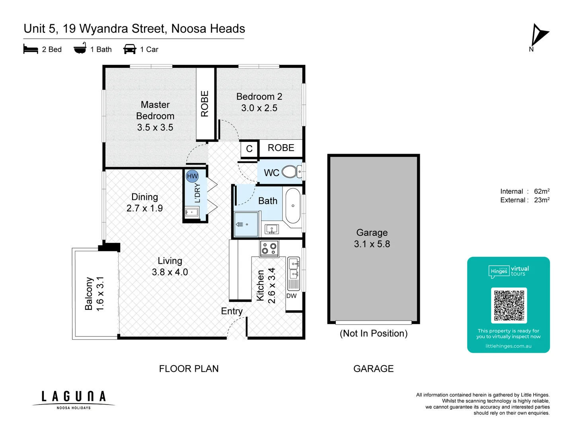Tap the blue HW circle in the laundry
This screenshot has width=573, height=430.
192,176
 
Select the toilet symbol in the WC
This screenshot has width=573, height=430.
290,172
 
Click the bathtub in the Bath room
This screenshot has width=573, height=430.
293,206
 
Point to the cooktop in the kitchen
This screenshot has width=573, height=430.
269,249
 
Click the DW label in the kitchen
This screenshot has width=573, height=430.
291,296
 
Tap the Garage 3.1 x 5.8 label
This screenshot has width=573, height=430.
372,238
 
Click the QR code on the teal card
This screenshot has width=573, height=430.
509,305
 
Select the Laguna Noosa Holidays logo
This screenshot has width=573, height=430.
74,399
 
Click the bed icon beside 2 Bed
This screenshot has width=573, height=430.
31,49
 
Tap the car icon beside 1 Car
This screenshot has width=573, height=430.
130,49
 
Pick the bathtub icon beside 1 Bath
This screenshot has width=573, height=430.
80,49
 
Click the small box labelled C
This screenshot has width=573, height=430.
249,149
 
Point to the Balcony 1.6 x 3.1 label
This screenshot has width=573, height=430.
94,293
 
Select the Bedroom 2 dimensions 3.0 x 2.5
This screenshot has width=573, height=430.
259,108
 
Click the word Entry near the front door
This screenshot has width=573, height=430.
232,311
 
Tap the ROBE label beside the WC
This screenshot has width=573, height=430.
281,148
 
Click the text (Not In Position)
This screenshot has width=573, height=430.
374,333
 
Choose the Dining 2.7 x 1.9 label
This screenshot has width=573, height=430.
144,202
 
